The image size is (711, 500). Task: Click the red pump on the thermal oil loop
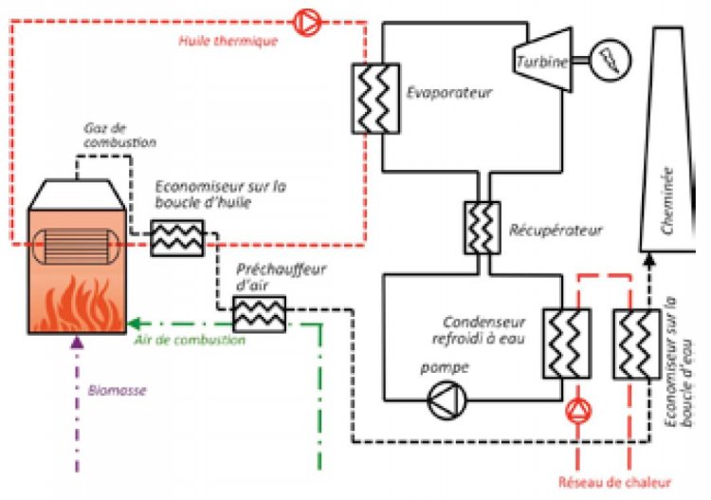[x=307, y=19]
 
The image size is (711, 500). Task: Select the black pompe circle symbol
[x=444, y=401]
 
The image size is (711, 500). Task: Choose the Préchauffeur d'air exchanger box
[x=253, y=311]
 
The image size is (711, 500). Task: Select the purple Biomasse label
[x=115, y=390]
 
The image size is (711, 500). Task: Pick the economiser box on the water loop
[x=631, y=343]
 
